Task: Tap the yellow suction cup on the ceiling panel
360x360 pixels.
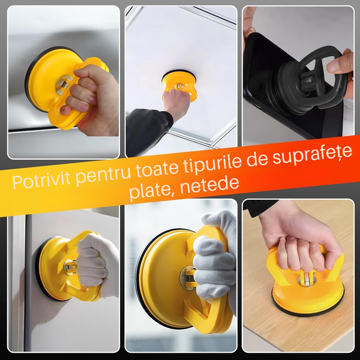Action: [x=179, y=85]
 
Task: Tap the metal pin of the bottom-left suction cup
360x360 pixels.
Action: [x=70, y=267]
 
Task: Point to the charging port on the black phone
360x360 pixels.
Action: [x=258, y=106]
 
